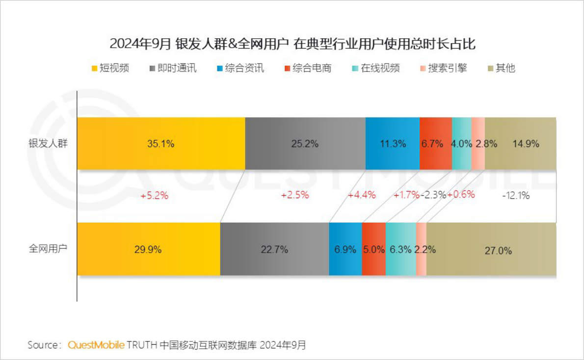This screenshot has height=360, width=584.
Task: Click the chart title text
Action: [292, 44]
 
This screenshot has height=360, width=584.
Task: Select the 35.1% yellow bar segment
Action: [161, 144]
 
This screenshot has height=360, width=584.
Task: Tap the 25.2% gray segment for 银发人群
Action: [305, 144]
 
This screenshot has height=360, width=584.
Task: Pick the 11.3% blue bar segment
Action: [393, 144]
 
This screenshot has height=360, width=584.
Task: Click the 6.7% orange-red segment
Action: [435, 144]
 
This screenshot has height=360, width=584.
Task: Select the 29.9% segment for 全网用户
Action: [148, 249]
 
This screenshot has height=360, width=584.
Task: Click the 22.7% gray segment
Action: [274, 249]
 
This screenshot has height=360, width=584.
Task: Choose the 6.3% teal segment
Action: [400, 249]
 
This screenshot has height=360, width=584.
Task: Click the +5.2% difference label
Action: [154, 195]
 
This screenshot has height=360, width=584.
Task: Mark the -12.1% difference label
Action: [516, 195]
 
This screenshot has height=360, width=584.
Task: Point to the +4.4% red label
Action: [362, 195]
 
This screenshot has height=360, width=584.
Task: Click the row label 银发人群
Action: [48, 144]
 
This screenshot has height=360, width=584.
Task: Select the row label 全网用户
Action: [48, 248]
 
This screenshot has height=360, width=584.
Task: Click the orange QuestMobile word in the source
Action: [96, 345]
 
